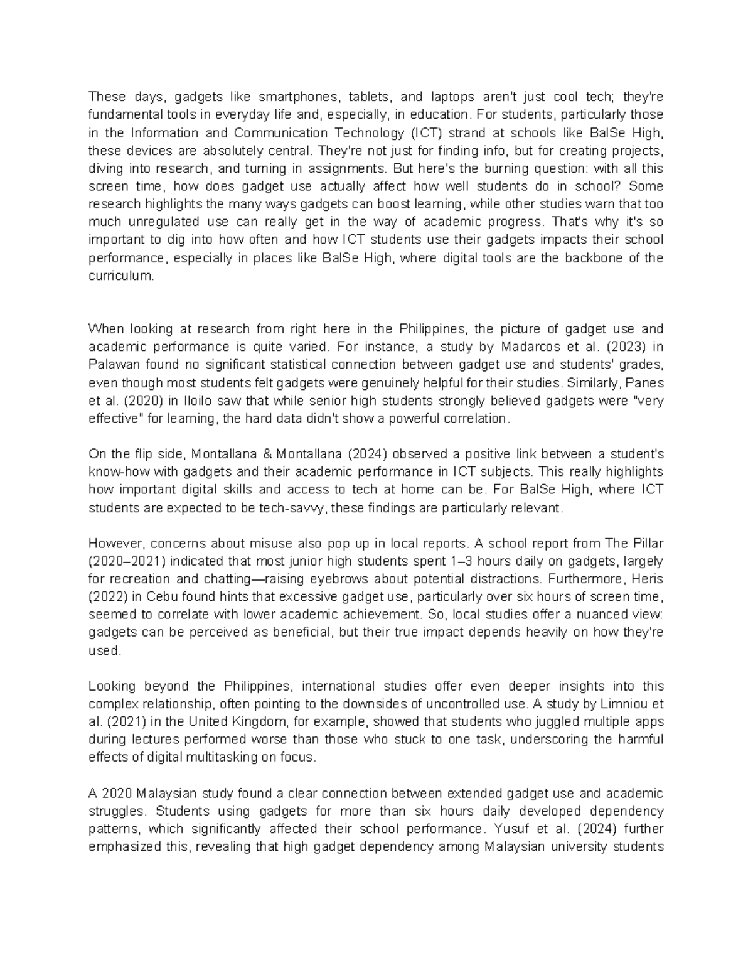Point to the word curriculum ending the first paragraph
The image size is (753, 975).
120,276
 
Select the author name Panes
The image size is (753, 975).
645,383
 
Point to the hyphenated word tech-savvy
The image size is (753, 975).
293,508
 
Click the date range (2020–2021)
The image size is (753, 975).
129,561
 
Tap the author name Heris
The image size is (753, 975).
648,579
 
